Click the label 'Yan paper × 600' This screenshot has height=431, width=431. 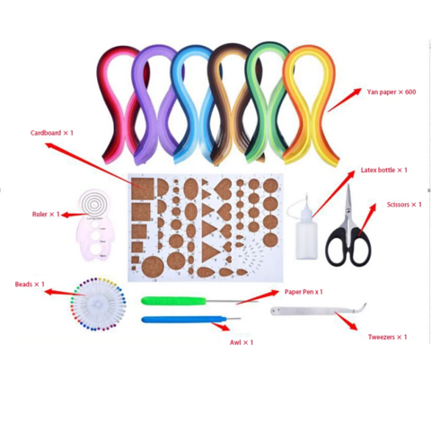[391, 92]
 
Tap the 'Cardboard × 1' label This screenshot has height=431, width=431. [52, 133]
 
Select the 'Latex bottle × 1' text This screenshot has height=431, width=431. [384, 170]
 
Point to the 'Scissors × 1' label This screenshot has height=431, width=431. [404, 205]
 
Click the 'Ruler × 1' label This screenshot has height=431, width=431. [46, 215]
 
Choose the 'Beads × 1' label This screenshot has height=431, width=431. [30, 284]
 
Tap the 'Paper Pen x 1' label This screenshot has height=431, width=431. [303, 292]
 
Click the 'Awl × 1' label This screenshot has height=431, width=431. [242, 342]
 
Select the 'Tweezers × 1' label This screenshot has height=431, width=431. [388, 337]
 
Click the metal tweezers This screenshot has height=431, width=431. [317, 311]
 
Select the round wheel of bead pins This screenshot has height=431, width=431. [98, 303]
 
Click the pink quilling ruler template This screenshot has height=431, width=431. [94, 225]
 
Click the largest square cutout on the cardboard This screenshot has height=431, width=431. [143, 189]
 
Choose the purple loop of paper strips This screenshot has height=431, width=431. [154, 105]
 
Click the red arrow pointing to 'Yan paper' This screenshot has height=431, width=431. [344, 100]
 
